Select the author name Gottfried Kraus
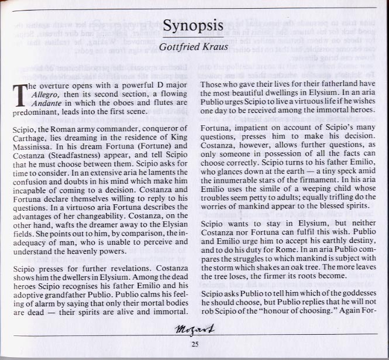point(194,44)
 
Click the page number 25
point(195,344)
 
